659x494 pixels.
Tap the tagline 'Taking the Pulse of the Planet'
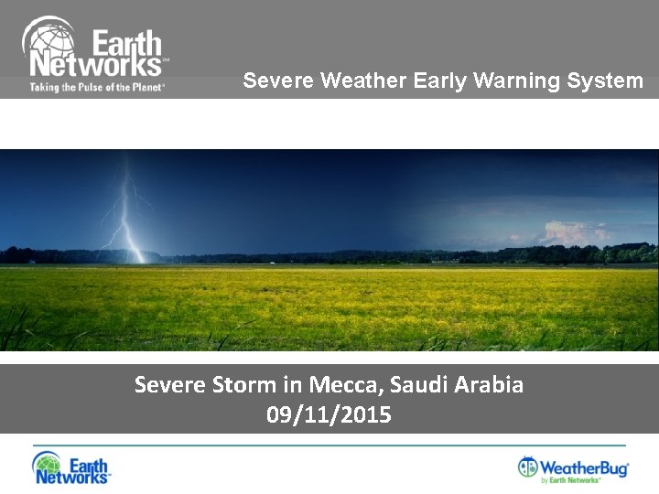pos(97,87)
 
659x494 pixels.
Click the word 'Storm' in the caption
pos(243,384)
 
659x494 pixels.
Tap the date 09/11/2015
pos(329,415)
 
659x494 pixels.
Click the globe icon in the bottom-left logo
pos(47,465)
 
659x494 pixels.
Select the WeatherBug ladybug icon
pos(528,467)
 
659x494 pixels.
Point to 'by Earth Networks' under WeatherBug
pos(570,480)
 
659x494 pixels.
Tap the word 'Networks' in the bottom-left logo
pos(84,475)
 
